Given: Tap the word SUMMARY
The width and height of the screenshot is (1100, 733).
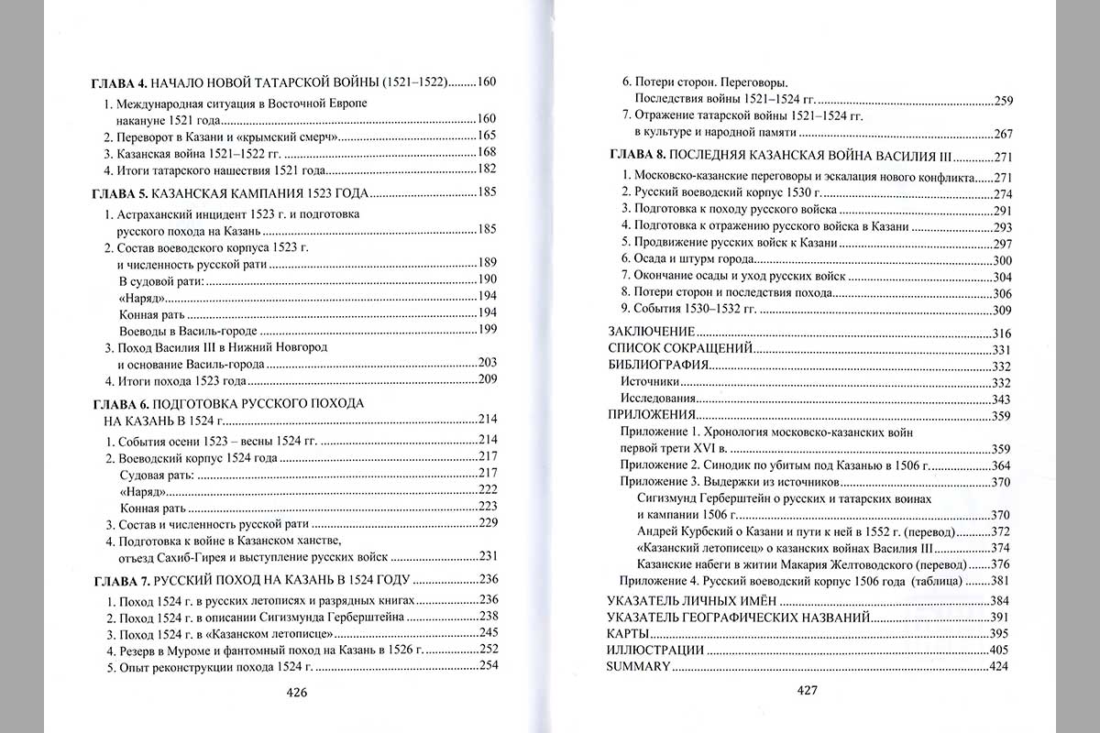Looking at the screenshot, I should tap(639, 666).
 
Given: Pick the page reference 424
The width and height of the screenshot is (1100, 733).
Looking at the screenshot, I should tap(997, 666).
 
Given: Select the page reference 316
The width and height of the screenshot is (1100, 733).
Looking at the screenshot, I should tap(997, 333).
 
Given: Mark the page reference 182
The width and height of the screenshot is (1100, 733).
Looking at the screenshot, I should tap(486, 169).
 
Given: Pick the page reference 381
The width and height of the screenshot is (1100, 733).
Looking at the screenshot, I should tap(997, 581).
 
